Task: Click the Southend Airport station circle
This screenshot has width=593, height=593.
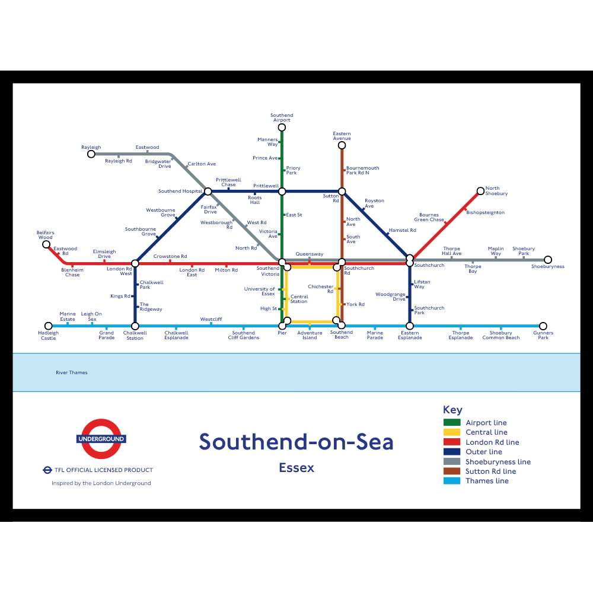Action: (282, 127)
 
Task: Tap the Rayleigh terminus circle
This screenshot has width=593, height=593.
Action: (91, 154)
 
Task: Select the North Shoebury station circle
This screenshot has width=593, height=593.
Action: (480, 191)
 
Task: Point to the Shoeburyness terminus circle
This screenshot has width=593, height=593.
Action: (548, 260)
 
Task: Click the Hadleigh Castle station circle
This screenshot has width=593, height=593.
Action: (48, 326)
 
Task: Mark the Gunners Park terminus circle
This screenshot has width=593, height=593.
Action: (543, 326)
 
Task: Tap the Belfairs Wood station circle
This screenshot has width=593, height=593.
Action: (46, 244)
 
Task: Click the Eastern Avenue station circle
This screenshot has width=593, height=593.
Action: (342, 145)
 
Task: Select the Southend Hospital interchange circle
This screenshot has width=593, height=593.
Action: (208, 191)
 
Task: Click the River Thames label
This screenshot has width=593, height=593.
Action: (71, 372)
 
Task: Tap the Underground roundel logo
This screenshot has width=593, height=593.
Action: (101, 439)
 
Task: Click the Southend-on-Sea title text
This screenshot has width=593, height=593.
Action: (296, 442)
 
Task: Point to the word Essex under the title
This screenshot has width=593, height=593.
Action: (296, 468)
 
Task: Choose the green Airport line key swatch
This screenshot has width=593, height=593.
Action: (452, 423)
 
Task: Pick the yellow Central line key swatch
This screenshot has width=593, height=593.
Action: (452, 432)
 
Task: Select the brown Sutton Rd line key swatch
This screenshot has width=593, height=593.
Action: (452, 471)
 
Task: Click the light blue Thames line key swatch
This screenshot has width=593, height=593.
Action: (452, 481)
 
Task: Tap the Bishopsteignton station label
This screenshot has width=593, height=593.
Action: (486, 212)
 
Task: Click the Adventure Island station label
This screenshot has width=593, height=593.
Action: (310, 336)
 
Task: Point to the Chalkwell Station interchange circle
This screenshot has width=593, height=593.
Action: (135, 326)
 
